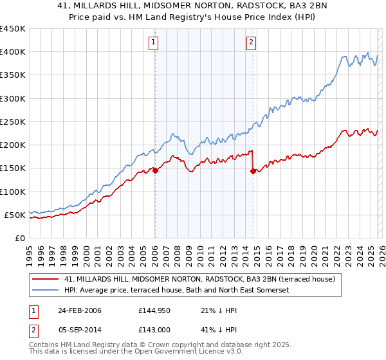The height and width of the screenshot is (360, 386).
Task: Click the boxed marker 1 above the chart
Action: pyautogui.click(x=154, y=43)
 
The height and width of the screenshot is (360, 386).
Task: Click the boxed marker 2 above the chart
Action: pyautogui.click(x=250, y=43)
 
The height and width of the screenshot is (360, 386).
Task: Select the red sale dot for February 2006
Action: pyautogui.click(x=155, y=170)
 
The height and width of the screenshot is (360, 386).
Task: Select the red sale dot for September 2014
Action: pyautogui.click(x=253, y=171)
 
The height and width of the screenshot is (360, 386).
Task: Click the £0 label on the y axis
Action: pyautogui.click(x=19, y=238)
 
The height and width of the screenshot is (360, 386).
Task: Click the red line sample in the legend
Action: pyautogui.click(x=46, y=279)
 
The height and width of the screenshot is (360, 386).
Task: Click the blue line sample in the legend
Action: pyautogui.click(x=46, y=290)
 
